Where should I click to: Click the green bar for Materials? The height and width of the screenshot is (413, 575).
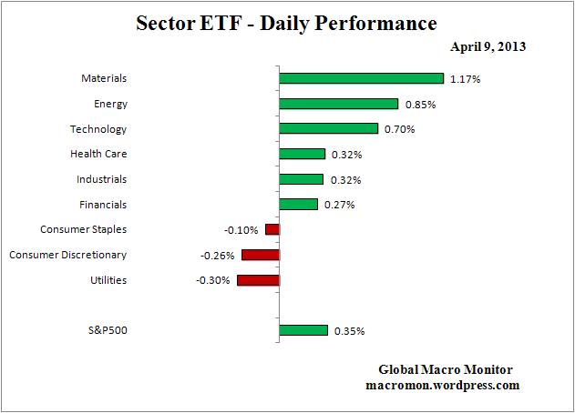[x=361, y=79]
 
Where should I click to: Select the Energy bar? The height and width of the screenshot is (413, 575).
[x=338, y=104]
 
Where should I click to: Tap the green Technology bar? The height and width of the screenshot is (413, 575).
[x=328, y=129]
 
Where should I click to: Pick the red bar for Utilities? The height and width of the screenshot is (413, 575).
[x=258, y=280]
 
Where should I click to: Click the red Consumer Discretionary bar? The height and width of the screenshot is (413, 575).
[x=261, y=255]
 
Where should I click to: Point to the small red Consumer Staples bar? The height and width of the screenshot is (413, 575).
[x=272, y=229]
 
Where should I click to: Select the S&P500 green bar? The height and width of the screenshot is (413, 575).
[x=303, y=331]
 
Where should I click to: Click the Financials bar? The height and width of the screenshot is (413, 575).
[x=298, y=205]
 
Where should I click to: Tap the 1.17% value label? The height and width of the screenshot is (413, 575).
[x=466, y=80]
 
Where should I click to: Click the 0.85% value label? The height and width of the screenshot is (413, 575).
[x=420, y=105]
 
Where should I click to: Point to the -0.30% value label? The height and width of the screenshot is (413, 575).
[x=213, y=280]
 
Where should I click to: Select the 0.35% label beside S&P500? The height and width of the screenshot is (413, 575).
[x=349, y=332]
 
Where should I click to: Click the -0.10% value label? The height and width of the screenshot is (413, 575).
[x=241, y=230]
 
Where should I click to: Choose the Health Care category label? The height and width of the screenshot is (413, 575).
[x=98, y=154]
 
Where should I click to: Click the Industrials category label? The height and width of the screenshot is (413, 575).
[x=102, y=179]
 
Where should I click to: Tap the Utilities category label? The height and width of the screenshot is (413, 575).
[x=108, y=280]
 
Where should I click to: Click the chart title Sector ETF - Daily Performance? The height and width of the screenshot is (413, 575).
[x=287, y=22]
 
